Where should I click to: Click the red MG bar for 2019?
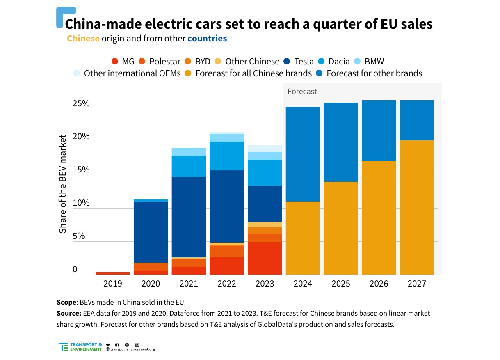pos(112,273)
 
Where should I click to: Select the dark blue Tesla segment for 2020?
pos(151,232)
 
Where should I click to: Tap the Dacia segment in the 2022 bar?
pos(227,156)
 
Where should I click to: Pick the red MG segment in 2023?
pos(265,258)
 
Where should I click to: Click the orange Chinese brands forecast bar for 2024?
pos(303,238)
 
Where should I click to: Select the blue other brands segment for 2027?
pos(417,120)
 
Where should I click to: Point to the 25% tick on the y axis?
pos(81,103)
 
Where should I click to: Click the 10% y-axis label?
pos(81,203)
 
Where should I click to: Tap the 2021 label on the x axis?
pos(189,284)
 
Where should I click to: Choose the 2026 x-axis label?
pos(379,284)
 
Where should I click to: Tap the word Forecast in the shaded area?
pos(302,92)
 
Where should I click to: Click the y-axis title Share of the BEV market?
pos(63,183)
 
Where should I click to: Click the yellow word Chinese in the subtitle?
pos(83,39)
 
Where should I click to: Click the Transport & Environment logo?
pos(80,347)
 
